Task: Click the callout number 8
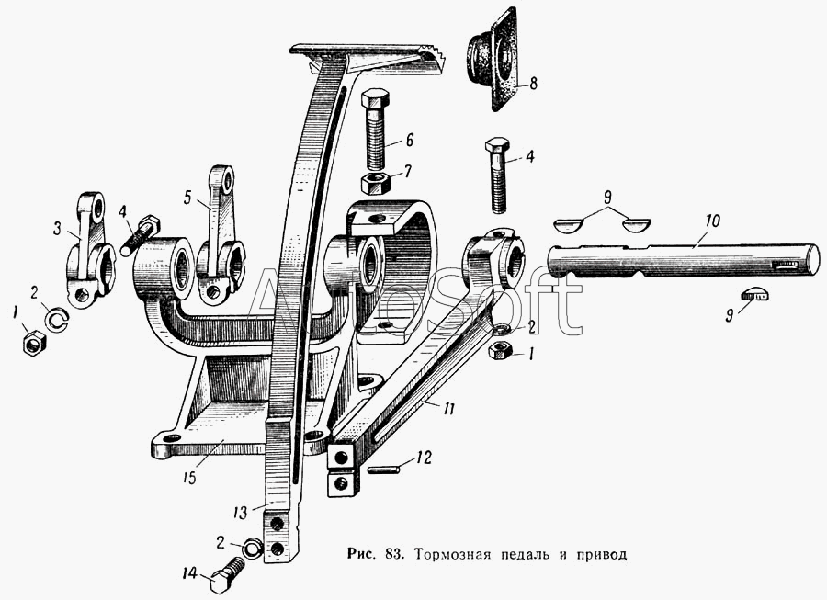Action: click(x=533, y=83)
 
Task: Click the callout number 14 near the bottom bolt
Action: click(x=190, y=573)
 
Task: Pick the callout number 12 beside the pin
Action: click(x=423, y=457)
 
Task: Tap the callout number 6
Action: click(x=409, y=141)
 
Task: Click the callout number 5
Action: click(x=188, y=196)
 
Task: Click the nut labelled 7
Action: click(x=378, y=181)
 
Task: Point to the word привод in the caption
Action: click(x=598, y=556)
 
